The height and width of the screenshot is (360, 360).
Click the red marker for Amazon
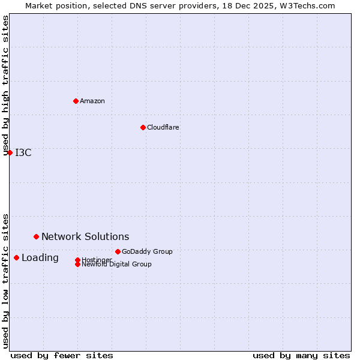pyautogui.click(x=76, y=101)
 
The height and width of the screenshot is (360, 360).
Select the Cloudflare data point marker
pyautogui.click(x=143, y=127)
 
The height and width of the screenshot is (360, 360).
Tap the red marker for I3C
pyautogui.click(x=10, y=152)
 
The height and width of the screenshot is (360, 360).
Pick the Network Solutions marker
pyautogui.click(x=36, y=236)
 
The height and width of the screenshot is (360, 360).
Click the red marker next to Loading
pyautogui.click(x=16, y=257)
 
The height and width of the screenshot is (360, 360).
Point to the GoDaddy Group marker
pyautogui.click(x=118, y=251)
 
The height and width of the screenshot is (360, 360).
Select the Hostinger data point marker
pyautogui.click(x=77, y=260)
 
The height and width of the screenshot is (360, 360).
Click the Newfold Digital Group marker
pyautogui.click(x=77, y=264)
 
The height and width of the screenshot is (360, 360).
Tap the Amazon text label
pyautogui.click(x=92, y=101)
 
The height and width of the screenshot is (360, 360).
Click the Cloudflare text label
pyautogui.click(x=163, y=127)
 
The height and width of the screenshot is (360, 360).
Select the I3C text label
pyautogui.click(x=23, y=152)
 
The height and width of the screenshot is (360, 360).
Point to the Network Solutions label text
pyautogui.click(x=85, y=236)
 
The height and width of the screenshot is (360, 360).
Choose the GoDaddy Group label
pyautogui.click(x=147, y=251)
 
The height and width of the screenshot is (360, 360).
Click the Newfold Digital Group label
pyautogui.click(x=116, y=265)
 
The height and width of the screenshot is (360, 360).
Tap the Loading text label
pyautogui.click(x=40, y=258)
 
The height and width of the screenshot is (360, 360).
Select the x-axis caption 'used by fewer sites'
pyautogui.click(x=62, y=355)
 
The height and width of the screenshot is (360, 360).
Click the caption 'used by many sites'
pyautogui.click(x=301, y=355)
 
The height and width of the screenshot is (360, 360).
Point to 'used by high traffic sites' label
pyautogui.click(x=6, y=85)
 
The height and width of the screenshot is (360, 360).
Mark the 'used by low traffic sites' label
pyautogui.click(x=6, y=280)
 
